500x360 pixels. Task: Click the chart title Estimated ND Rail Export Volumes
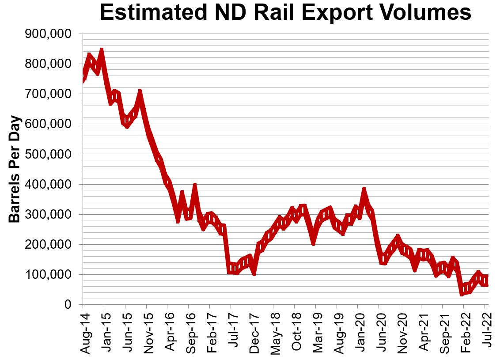pos(285,13)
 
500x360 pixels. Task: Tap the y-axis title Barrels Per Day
pos(15,169)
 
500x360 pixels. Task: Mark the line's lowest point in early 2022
pos(462,292)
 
